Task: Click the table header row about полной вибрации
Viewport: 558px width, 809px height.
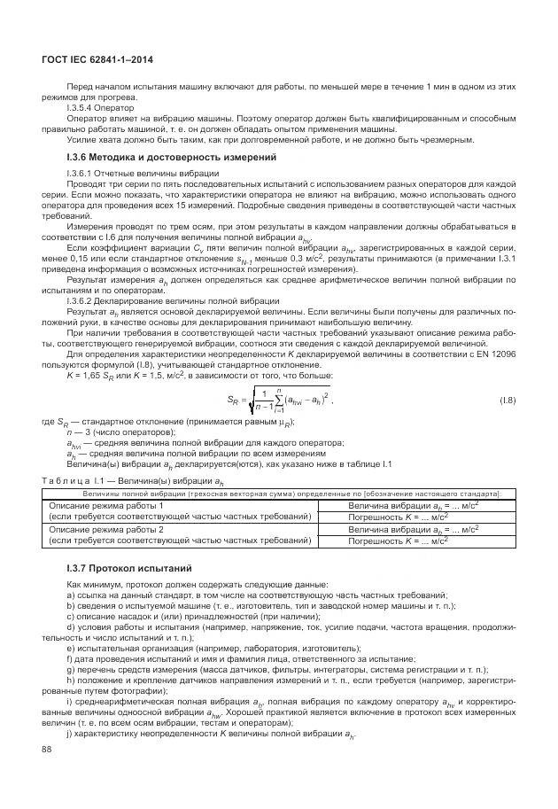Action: coord(291,493)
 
